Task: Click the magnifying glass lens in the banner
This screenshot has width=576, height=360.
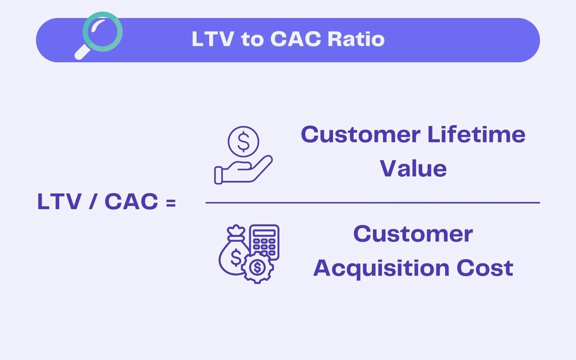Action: (103, 32)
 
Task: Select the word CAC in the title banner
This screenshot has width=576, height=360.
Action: (295, 39)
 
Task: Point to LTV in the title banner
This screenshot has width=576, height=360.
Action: (212, 39)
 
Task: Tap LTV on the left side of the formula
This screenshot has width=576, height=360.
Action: (59, 202)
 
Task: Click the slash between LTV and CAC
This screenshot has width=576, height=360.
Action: (93, 202)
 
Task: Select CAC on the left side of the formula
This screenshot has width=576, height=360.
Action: (131, 202)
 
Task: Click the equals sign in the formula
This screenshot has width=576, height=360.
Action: (171, 203)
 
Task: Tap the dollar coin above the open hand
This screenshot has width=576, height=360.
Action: (243, 141)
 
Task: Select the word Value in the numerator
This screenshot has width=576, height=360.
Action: (413, 169)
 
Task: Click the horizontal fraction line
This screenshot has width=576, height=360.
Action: (373, 203)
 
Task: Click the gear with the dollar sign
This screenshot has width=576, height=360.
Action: (257, 267)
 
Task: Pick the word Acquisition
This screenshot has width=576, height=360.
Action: (382, 269)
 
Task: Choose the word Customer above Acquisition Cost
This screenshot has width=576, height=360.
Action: (413, 234)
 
